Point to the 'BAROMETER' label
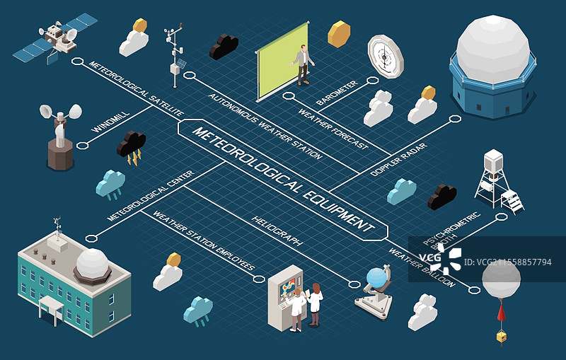pos(337,93)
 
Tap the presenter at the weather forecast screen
pos(304,65)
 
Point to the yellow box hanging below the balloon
pos(501,337)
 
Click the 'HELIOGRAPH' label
pos(277,228)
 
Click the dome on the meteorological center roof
pos(92,263)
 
